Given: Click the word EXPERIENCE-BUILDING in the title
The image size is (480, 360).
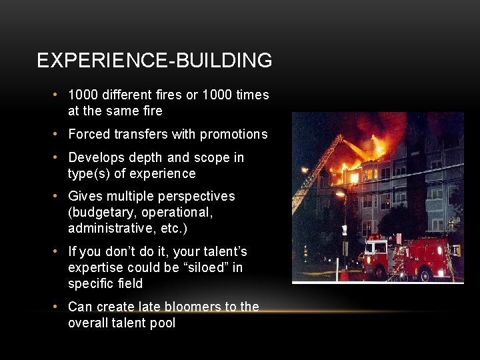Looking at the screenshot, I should [154, 61].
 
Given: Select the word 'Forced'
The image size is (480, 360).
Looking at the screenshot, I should [89, 134].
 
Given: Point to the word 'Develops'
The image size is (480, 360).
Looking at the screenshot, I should [93, 157].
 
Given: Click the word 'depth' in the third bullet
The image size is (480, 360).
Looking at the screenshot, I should [142, 157].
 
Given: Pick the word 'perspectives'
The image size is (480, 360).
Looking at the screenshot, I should [198, 196].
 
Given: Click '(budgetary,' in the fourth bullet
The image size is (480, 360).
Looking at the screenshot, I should [100, 212].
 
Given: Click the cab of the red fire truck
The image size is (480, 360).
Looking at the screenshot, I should [377, 253].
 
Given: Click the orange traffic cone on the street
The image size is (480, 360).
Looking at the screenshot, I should [344, 274].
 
